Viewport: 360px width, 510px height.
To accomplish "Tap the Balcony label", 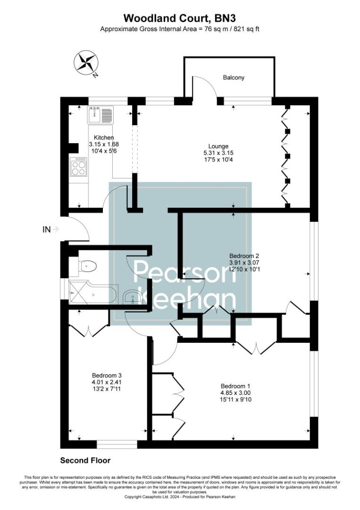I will pos(234,77).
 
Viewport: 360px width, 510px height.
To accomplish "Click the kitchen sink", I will pos(100,114).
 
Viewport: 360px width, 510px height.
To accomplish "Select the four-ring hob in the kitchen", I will pos(78,166).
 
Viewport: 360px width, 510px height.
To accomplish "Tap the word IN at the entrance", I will pos(46,229).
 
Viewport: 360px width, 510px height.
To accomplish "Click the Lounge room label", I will pos(218,146).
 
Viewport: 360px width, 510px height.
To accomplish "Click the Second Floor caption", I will pos(85,460).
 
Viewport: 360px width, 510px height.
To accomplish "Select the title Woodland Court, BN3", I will pos(180,18).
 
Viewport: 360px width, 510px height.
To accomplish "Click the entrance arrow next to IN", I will pos(56,229).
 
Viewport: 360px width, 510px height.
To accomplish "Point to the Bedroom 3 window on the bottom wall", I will pos(117,444).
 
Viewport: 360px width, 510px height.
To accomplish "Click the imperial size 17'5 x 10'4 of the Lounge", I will pos(218,159).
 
